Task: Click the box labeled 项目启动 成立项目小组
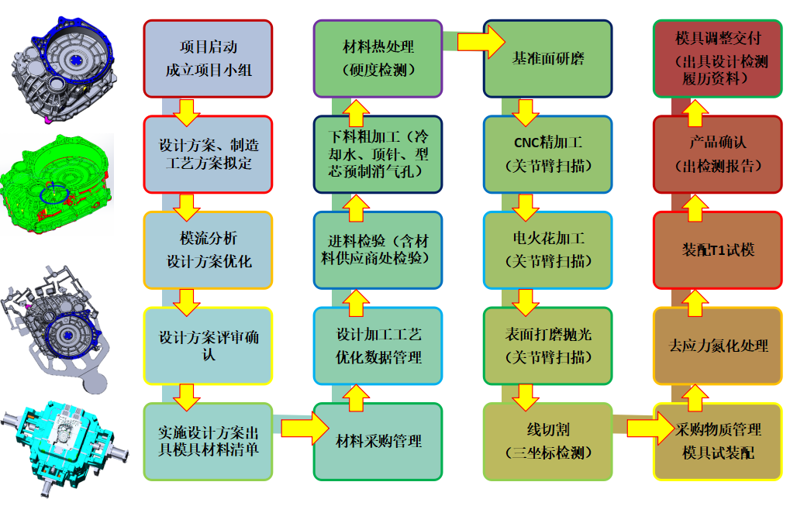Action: tap(208, 59)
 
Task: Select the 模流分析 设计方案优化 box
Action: tap(208, 250)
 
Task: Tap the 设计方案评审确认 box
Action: tap(208, 346)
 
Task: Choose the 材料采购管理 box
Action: tap(378, 441)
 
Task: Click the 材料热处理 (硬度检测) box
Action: tap(378, 59)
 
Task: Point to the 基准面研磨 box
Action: tap(547, 59)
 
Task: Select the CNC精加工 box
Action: tap(547, 154)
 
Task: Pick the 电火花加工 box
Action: tap(547, 250)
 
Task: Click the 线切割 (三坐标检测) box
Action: tap(547, 441)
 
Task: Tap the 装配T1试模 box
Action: tap(717, 250)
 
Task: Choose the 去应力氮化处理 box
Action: tap(717, 346)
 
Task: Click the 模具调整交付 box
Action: tap(717, 59)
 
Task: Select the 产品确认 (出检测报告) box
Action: tap(717, 154)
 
